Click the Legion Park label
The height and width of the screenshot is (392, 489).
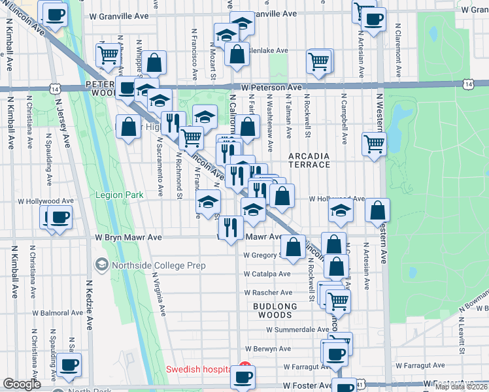tap(118, 195)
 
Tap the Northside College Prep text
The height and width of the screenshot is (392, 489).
tap(159, 265)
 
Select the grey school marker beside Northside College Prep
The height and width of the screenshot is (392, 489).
tap(101, 265)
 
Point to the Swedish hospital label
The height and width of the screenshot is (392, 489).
tap(198, 369)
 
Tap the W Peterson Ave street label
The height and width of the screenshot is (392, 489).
tap(271, 87)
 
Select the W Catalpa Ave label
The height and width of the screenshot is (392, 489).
tap(268, 274)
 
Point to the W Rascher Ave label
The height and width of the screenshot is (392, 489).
tap(268, 293)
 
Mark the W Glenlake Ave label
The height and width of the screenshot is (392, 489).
tap(268, 50)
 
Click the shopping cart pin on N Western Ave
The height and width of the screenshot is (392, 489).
tap(374, 142)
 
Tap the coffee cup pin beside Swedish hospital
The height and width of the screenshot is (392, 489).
tap(243, 376)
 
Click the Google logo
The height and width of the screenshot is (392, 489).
tap(22, 384)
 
